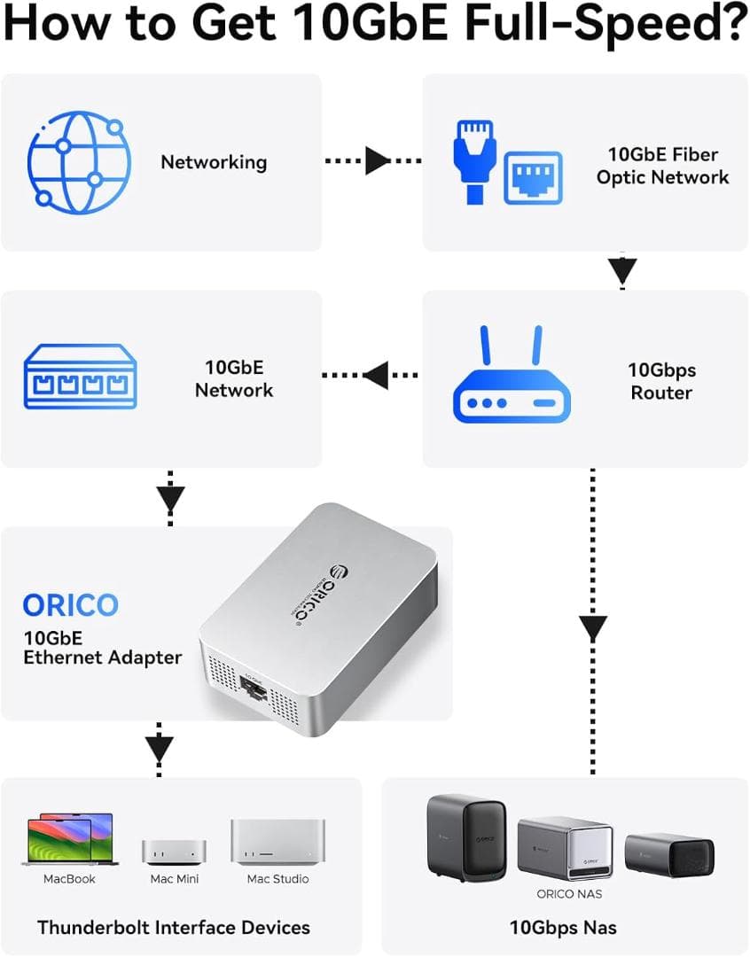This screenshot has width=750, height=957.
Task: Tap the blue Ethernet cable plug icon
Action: [470, 159]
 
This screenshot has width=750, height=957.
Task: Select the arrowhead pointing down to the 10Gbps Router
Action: [623, 269]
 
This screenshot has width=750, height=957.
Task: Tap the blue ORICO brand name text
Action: [70, 606]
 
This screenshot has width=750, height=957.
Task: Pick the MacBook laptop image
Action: [69, 840]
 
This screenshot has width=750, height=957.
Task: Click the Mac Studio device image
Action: [277, 842]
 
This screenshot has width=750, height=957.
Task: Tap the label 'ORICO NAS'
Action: [569, 894]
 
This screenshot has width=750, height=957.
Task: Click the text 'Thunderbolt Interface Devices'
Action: [174, 928]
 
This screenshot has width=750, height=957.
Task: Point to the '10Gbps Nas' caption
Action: [563, 928]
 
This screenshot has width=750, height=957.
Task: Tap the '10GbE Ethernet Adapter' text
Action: [102, 646]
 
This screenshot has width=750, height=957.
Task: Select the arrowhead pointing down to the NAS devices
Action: [593, 628]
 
